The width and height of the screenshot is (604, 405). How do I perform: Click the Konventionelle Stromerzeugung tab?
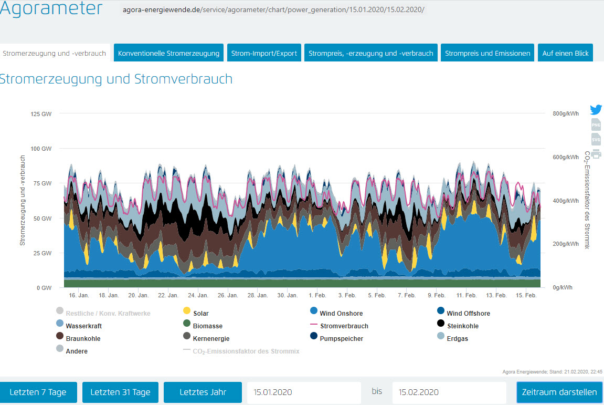(169, 53)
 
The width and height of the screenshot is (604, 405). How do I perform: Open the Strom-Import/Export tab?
(264, 53)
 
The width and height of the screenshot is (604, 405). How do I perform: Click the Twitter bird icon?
(596, 110)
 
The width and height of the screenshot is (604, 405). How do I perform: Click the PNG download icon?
(596, 125)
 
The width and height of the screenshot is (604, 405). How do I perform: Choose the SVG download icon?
(596, 140)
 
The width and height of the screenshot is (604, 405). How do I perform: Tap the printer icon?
(596, 154)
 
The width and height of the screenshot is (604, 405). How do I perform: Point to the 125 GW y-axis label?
(41, 113)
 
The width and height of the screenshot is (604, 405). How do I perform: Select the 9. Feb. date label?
(437, 296)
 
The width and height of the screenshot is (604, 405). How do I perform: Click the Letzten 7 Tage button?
(39, 392)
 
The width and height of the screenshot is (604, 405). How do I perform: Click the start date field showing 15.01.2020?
(304, 392)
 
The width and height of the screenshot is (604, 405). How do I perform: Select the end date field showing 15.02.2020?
(449, 392)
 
